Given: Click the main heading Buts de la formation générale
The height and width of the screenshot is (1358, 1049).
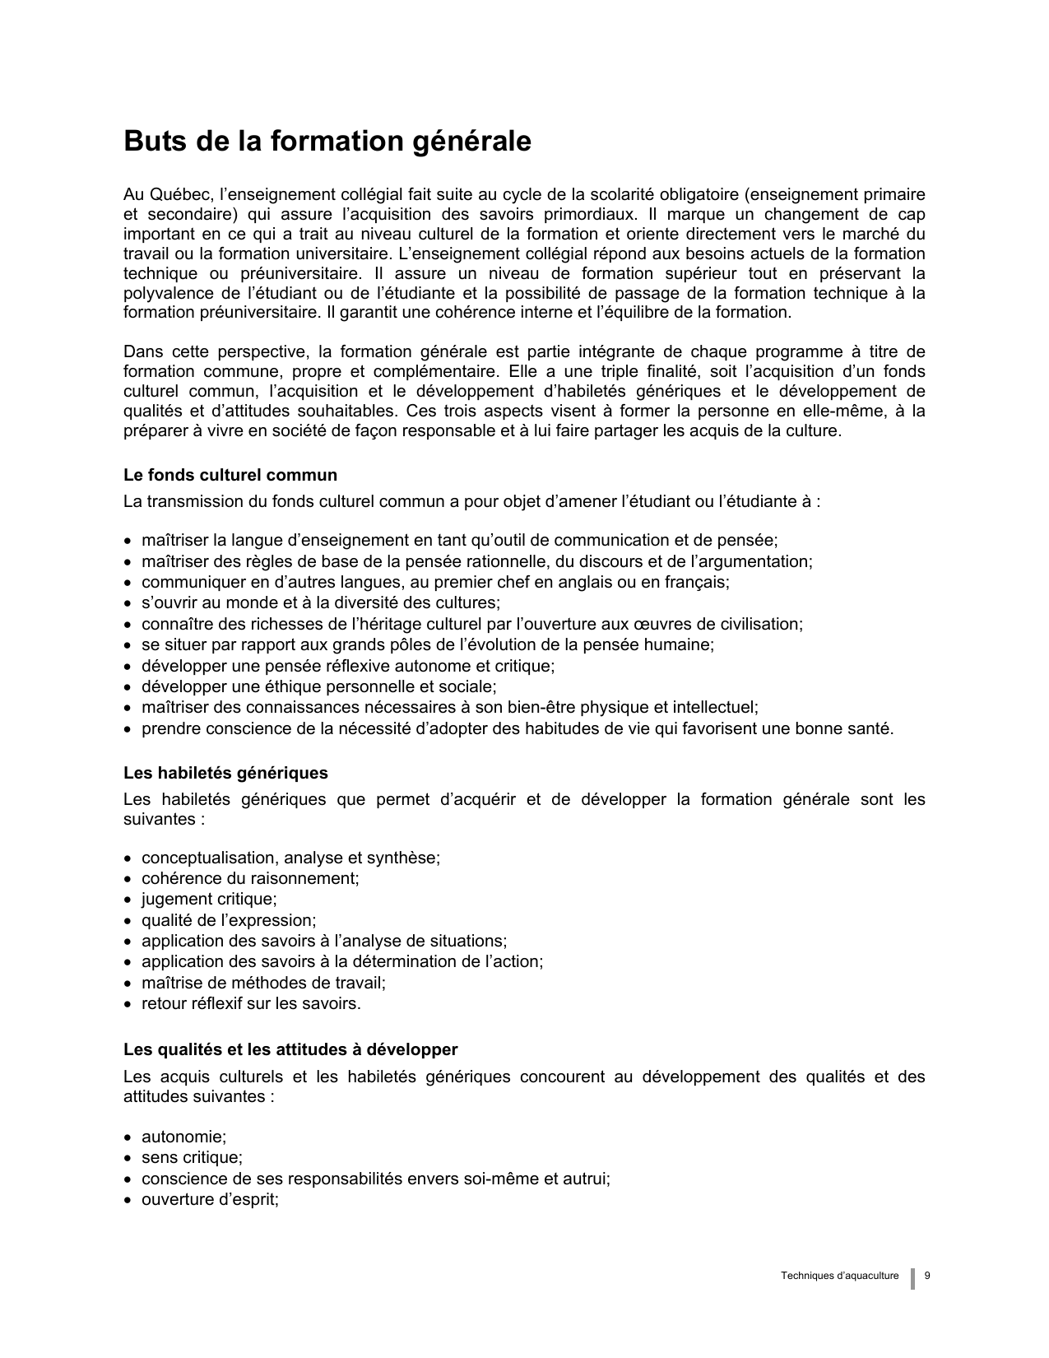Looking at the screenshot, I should click(327, 142).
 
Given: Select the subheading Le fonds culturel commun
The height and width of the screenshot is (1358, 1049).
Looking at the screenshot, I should click(230, 475).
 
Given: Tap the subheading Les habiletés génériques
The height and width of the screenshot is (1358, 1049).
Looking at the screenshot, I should click(225, 773).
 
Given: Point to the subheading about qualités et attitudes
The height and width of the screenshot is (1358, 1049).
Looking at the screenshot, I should click(290, 1049).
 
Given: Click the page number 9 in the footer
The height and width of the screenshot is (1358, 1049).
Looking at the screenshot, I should click(927, 1276).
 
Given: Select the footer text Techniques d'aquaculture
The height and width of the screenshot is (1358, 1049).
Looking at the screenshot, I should click(840, 1276).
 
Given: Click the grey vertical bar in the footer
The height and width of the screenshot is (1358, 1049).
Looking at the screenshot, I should click(912, 1278).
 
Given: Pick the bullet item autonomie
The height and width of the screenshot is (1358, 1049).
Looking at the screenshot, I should click(183, 1137).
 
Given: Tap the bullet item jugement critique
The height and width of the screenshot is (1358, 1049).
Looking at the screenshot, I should click(209, 900).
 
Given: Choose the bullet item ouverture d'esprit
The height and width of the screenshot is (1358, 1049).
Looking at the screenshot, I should click(210, 1199).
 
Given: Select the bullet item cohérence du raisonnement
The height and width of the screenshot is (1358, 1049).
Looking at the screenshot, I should click(250, 878).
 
